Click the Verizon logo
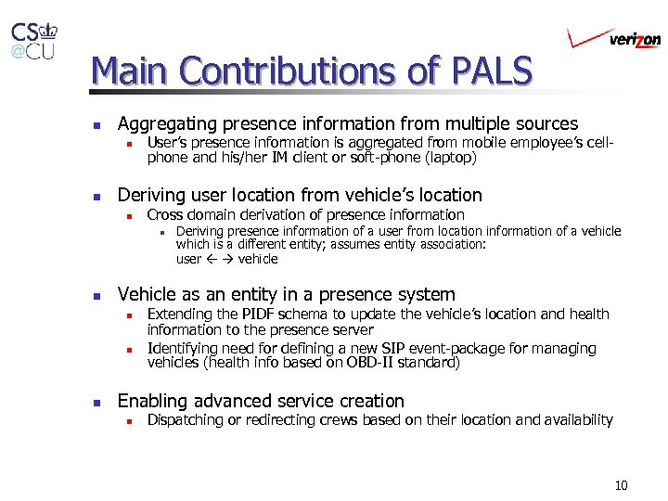tap(614, 38)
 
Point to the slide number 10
tap(621, 485)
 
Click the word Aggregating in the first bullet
tap(164, 123)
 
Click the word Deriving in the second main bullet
tap(151, 195)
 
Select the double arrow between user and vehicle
tap(219, 259)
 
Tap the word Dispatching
tap(188, 420)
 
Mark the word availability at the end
tap(578, 420)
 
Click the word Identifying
tap(183, 349)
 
